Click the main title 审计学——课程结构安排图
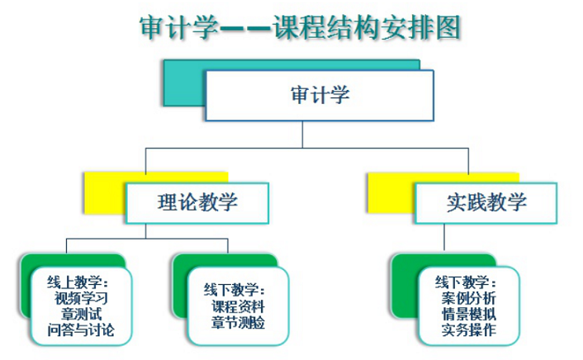tap(300, 27)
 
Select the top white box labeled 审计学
tap(320, 95)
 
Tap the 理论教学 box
tap(197, 202)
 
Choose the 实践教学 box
tap(486, 202)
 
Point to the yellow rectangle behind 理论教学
tap(105, 192)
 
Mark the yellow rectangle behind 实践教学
tap(391, 192)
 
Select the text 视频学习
tap(82, 298)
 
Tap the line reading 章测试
tap(82, 314)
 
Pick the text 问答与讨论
tap(81, 330)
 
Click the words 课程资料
tap(239, 306)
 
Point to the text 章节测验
tap(239, 323)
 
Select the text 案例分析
tap(469, 298)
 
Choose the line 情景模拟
tap(469, 314)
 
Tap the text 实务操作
tap(469, 330)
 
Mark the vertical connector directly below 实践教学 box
tap(444, 237)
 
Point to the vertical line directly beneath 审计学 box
tap(302, 135)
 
